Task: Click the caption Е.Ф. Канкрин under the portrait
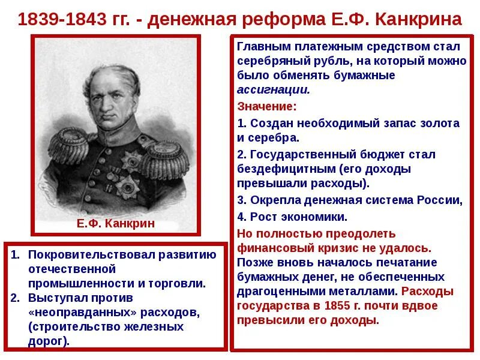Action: [116, 224]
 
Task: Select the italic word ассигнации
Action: [273, 89]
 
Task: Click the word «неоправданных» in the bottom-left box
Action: [75, 312]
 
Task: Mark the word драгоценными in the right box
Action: [272, 292]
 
